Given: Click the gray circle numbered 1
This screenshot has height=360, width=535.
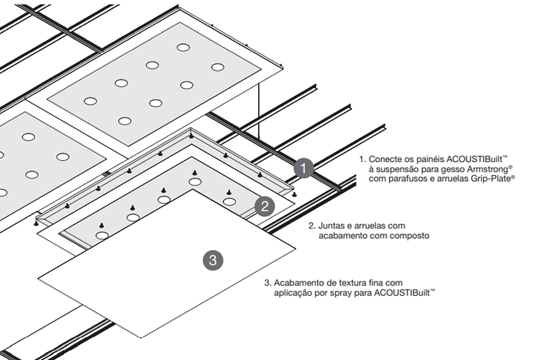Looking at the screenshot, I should click(304, 168).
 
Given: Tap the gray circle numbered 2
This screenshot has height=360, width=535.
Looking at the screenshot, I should click(265, 206).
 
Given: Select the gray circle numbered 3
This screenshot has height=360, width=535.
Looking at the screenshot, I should click(213, 259).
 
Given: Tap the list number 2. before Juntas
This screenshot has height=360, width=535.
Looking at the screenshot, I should click(312, 226).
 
